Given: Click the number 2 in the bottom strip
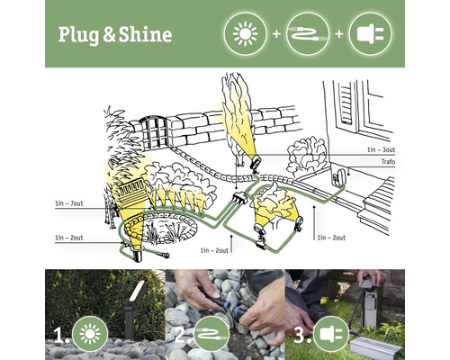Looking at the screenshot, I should [181, 335].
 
